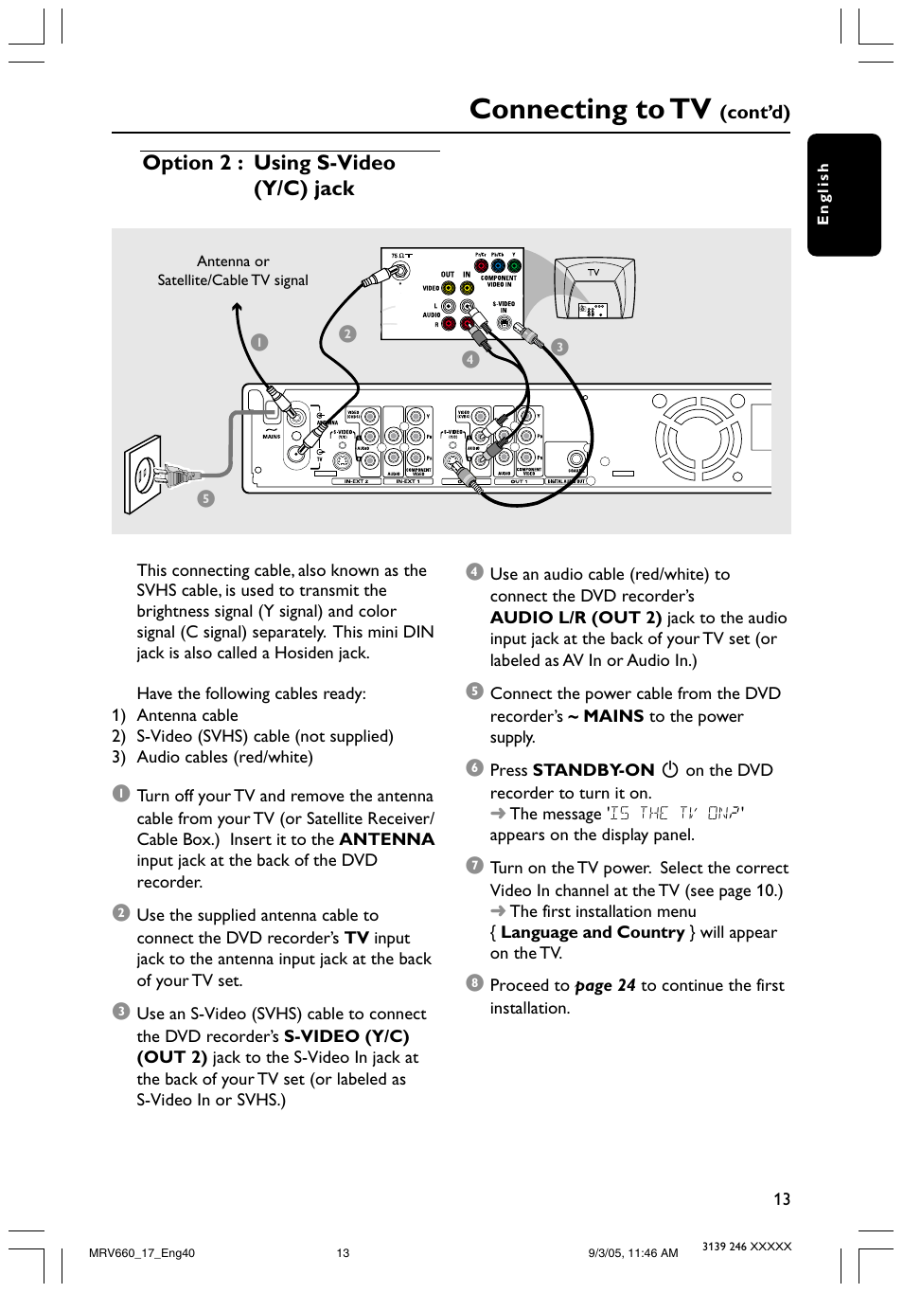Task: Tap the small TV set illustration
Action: click(593, 288)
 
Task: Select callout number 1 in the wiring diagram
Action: click(259, 343)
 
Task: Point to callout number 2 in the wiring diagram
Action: click(347, 333)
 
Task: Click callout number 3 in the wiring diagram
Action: click(559, 347)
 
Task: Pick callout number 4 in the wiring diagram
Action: click(470, 359)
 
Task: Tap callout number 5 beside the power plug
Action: click(205, 498)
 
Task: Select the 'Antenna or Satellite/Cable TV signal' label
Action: click(233, 271)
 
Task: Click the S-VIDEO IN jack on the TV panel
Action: click(504, 323)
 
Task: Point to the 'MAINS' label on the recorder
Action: click(272, 437)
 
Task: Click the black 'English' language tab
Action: click(843, 194)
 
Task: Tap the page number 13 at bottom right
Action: click(781, 1199)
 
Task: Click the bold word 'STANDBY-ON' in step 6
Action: click(593, 770)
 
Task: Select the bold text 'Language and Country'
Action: click(593, 932)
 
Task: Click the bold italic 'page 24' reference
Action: click(605, 985)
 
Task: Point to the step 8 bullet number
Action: click(474, 983)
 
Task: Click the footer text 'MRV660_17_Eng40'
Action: click(141, 1252)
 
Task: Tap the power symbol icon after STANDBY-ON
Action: click(670, 770)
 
